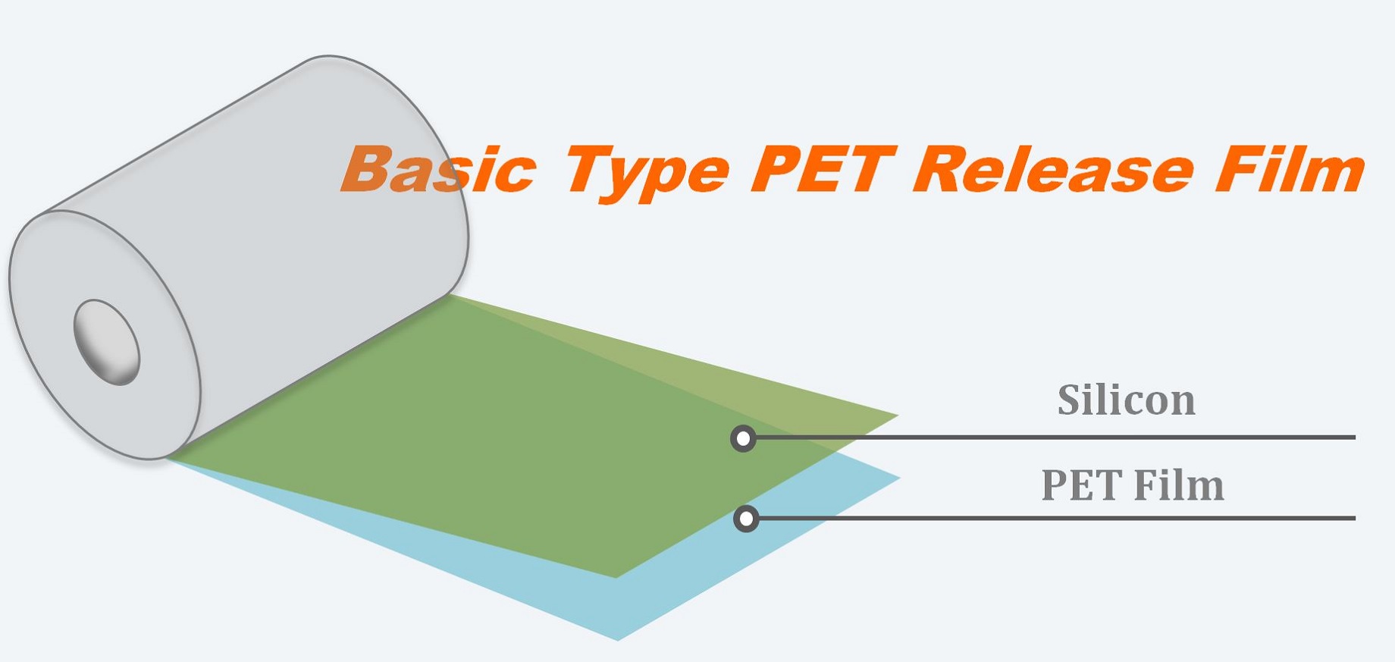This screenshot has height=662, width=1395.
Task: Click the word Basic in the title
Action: tap(439, 169)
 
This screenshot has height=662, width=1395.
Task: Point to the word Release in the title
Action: tap(1054, 169)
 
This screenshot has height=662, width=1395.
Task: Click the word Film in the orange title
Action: tap(1290, 169)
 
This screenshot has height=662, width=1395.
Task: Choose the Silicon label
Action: tap(1127, 400)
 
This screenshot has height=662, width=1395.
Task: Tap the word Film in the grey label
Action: tap(1179, 485)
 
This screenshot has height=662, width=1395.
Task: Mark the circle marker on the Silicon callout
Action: tap(744, 438)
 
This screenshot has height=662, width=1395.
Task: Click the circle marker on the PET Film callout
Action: tap(747, 519)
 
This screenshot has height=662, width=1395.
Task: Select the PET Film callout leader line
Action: tap(1058, 518)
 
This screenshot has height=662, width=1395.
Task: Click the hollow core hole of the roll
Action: tap(107, 342)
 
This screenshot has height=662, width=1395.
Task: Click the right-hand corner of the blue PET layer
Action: tap(900, 478)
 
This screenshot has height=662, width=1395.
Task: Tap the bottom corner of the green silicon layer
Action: tap(616, 578)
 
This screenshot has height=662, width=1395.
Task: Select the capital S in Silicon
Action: tap(1070, 400)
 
